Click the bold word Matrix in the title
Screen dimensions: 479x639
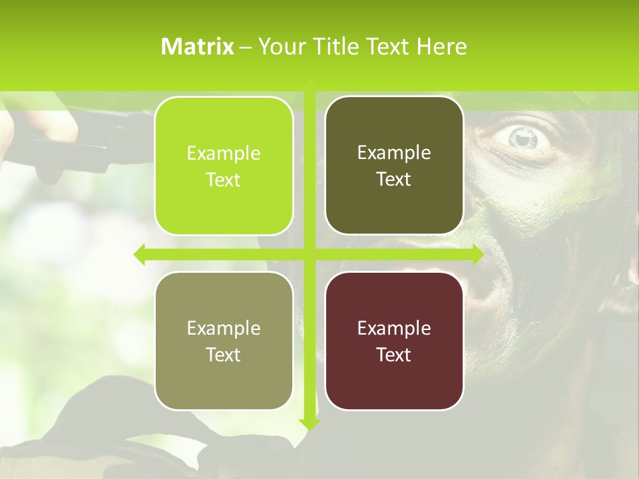[x=198, y=47]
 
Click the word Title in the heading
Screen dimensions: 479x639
[x=337, y=47]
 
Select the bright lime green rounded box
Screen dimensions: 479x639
[x=224, y=166]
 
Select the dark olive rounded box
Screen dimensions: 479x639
[x=394, y=166]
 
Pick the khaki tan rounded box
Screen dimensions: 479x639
[x=224, y=341]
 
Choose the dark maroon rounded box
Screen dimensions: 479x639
[x=394, y=341]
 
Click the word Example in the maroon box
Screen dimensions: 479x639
[x=394, y=328]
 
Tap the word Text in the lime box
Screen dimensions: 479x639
[x=224, y=180]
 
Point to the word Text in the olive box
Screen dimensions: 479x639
[x=394, y=180]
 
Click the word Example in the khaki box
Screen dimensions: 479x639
[x=224, y=328]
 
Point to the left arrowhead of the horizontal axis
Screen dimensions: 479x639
[x=140, y=254]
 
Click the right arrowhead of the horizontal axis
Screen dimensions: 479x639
[x=477, y=254]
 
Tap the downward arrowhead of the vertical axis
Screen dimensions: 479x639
[x=310, y=423]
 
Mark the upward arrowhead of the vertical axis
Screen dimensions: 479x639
[x=310, y=84]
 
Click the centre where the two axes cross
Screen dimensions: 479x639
[x=310, y=254]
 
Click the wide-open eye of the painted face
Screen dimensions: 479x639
[x=524, y=138]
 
